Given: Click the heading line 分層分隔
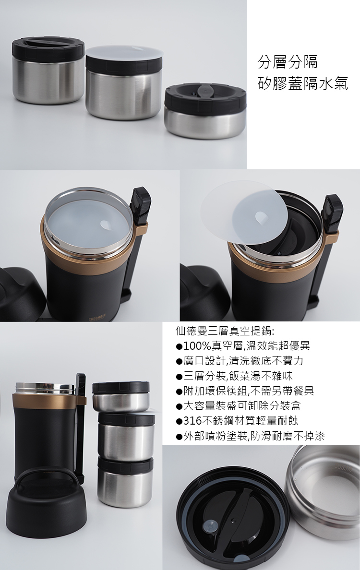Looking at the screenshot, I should tap(288, 62).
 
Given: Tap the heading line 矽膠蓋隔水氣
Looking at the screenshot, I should tap(303, 84).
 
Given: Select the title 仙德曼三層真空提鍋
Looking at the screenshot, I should tap(225, 331).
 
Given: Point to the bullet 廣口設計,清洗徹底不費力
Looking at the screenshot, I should tap(240, 361).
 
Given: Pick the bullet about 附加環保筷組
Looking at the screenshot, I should tap(245, 391).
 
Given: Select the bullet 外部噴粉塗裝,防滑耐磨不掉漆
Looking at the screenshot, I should tap(250, 436).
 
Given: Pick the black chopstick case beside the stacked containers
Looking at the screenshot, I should tap(80, 422).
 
